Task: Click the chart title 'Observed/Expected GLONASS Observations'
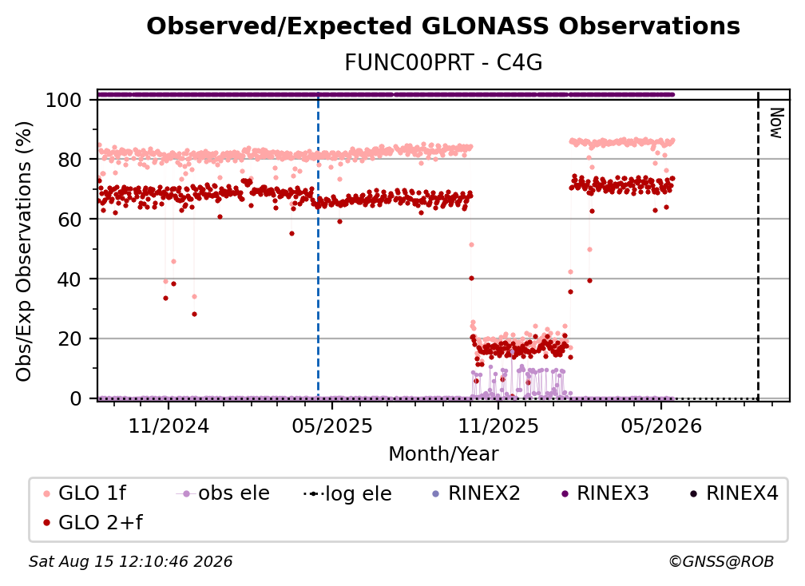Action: tap(443, 26)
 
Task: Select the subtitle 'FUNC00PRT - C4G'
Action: tap(443, 62)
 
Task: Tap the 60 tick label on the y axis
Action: tap(69, 219)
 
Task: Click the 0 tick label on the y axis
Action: tap(76, 398)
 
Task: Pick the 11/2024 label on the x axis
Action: tap(169, 426)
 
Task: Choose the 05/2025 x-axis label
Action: tap(332, 426)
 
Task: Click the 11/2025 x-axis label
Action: tap(498, 426)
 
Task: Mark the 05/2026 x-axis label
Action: tap(661, 426)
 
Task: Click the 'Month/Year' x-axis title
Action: tap(443, 454)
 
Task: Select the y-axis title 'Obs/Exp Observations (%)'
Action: tap(24, 251)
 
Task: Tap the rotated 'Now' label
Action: tap(776, 123)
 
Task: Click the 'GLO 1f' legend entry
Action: tap(85, 493)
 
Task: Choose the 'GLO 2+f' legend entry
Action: tap(93, 523)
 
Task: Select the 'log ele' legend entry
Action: tap(348, 494)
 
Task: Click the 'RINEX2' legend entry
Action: tap(477, 493)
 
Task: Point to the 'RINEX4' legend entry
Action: tap(734, 493)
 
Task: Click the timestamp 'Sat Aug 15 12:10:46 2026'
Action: tap(130, 561)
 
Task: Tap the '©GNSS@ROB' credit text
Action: tap(721, 561)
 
